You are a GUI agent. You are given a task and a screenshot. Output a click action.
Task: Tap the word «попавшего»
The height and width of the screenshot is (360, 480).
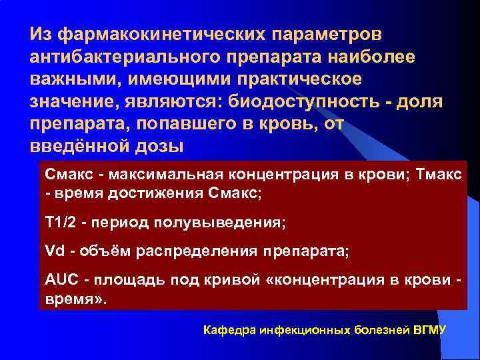tap(208, 125)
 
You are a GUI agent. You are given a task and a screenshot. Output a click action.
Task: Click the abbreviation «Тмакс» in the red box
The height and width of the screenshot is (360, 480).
tap(441, 175)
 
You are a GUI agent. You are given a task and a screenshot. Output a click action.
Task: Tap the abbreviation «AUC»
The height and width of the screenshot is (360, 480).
tap(60, 281)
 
